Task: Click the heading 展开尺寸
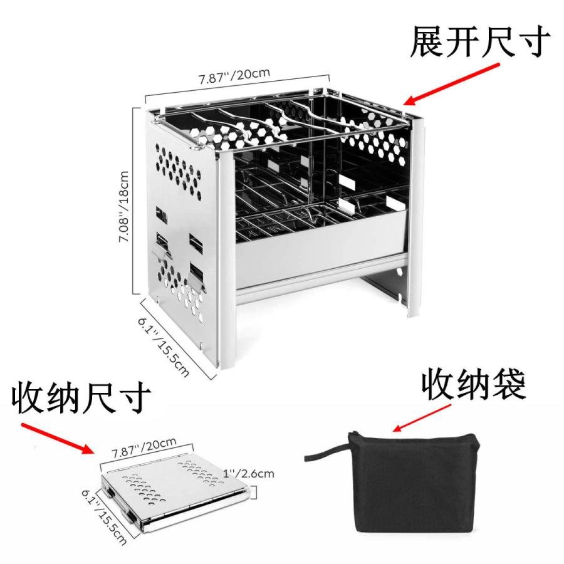[480, 41]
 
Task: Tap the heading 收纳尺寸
[81, 399]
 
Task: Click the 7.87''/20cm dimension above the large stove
[234, 76]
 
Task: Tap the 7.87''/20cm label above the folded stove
[144, 447]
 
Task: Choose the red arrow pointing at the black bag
[420, 417]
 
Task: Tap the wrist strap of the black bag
[326, 451]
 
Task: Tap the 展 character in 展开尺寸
[427, 41]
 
